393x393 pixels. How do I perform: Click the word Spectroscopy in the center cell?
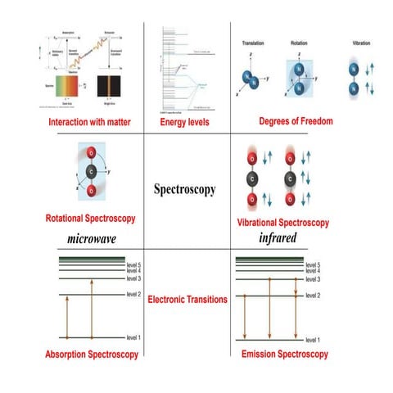[x=185, y=189]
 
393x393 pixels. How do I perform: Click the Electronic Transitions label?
[x=187, y=300]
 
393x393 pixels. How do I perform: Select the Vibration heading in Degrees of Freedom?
[x=357, y=41]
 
